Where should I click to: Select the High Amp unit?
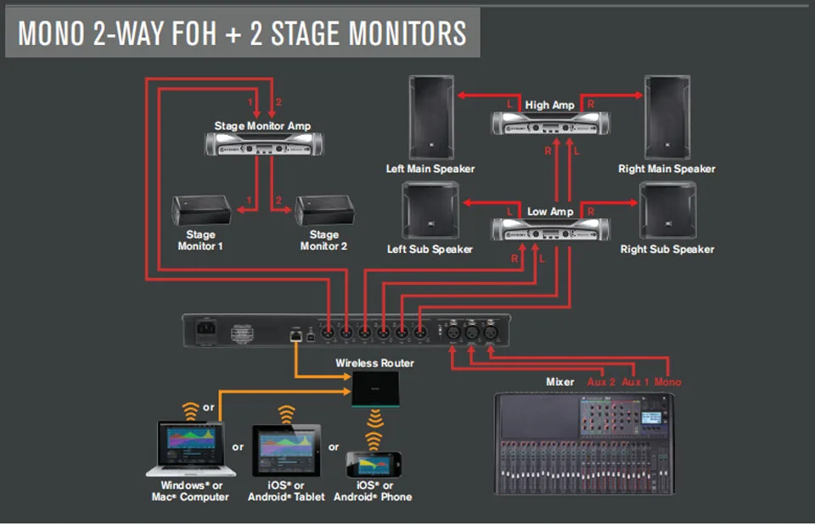click(549, 124)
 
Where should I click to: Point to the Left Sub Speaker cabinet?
click(431, 210)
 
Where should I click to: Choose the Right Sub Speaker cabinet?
click(666, 210)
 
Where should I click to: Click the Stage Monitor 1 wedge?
click(201, 210)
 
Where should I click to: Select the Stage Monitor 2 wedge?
click(323, 210)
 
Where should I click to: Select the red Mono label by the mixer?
click(667, 382)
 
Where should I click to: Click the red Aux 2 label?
click(601, 382)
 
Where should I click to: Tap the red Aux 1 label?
click(635, 382)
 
